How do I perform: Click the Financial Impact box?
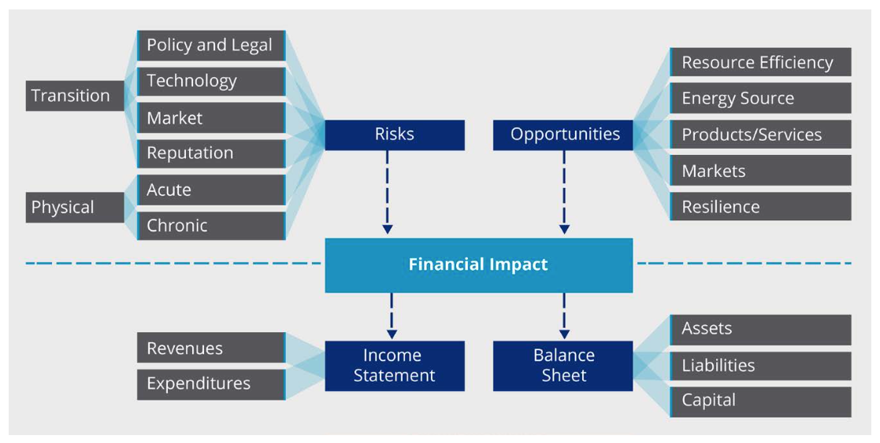(478, 265)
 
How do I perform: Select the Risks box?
(394, 135)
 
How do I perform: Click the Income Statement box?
(394, 366)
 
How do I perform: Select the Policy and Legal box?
(211, 46)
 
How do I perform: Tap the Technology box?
(211, 81)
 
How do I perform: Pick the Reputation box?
(211, 153)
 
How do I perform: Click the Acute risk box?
(211, 190)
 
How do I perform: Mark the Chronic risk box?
(211, 226)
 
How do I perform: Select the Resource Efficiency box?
(760, 62)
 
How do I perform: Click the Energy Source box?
(760, 98)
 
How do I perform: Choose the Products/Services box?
(760, 135)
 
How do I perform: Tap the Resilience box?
(760, 207)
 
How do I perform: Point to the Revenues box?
(211, 348)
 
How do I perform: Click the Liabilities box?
(760, 366)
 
